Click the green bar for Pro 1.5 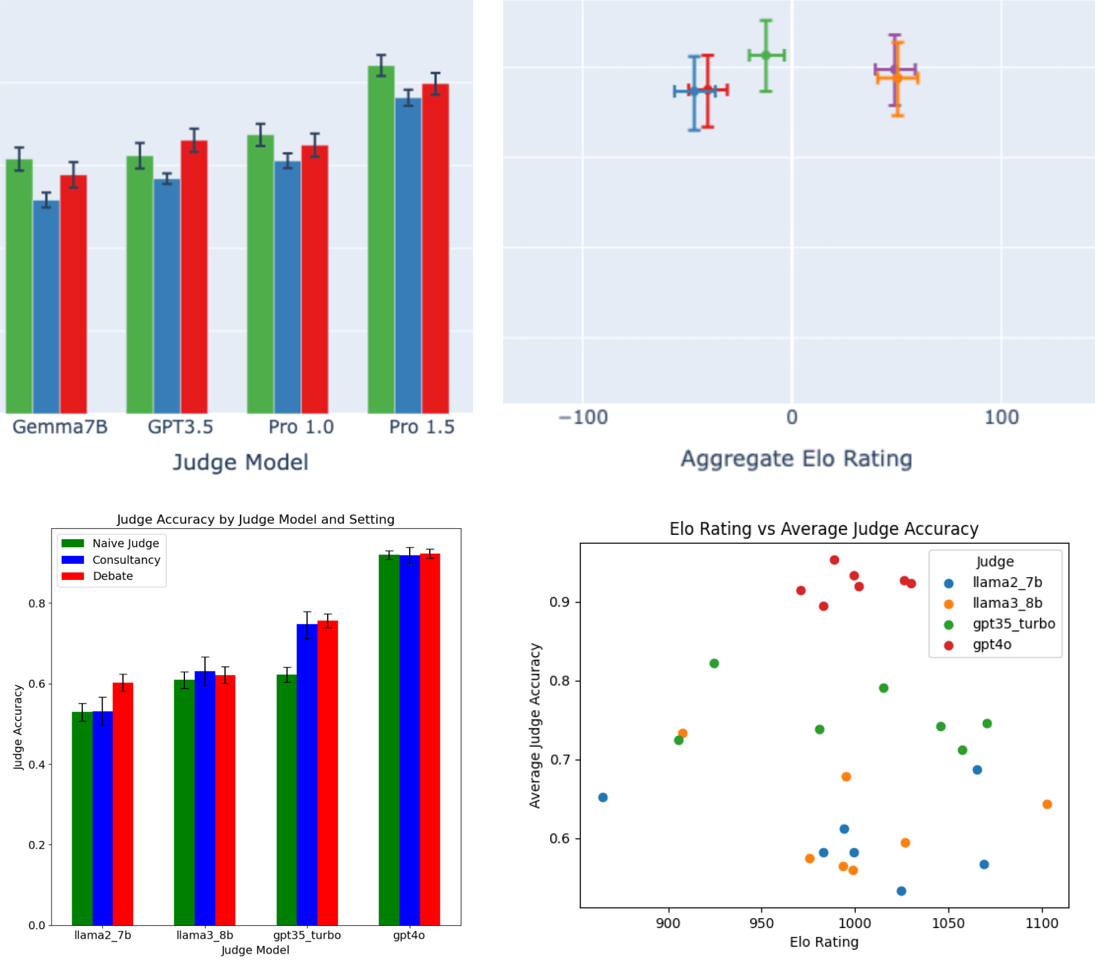[x=381, y=239]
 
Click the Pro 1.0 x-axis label [x=301, y=427]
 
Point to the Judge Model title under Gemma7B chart [x=240, y=462]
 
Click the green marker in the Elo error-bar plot [x=766, y=55]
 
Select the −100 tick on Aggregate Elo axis [x=582, y=417]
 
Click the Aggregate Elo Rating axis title [x=796, y=459]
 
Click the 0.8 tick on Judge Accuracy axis [x=37, y=603]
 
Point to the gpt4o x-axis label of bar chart [x=409, y=935]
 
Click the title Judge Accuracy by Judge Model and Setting [x=255, y=519]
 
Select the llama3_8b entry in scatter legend [x=1007, y=603]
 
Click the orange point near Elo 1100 [x=1047, y=804]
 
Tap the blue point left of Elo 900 [x=602, y=797]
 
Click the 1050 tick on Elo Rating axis [x=948, y=923]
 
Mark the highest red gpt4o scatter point [x=834, y=560]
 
